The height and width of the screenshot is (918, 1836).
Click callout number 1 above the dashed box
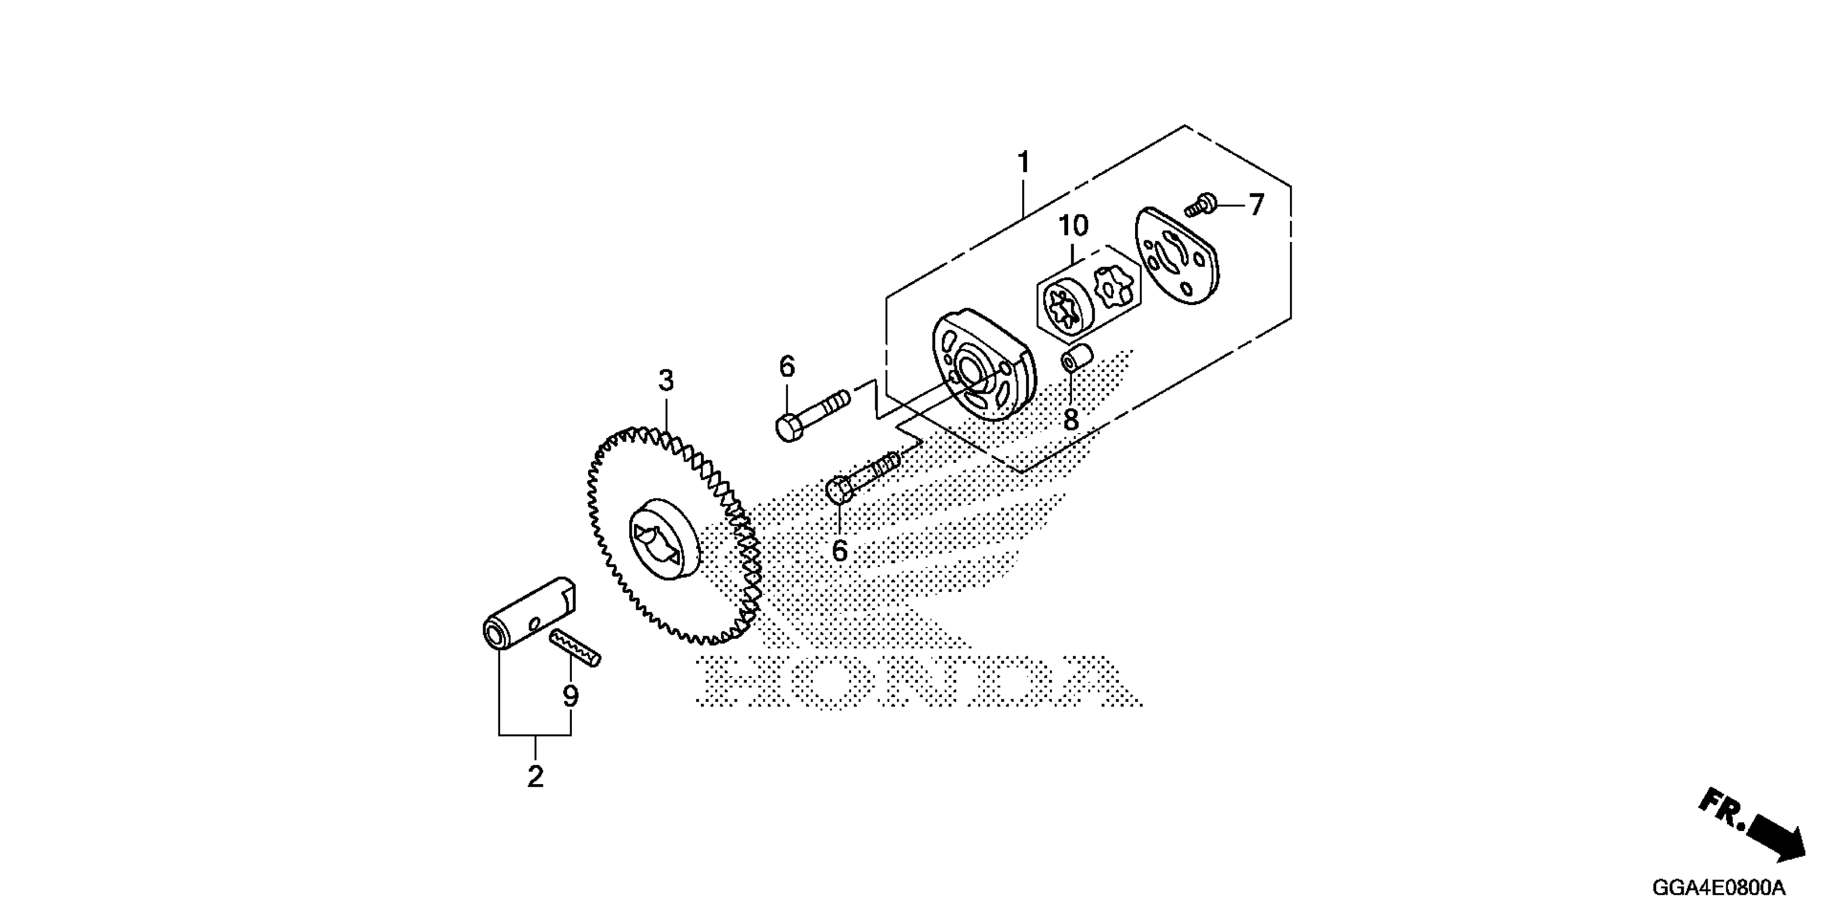pyautogui.click(x=1023, y=163)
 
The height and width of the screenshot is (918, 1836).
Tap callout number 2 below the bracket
pyautogui.click(x=535, y=776)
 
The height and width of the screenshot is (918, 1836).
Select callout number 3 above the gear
pyautogui.click(x=666, y=381)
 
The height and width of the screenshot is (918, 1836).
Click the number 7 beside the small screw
pyautogui.click(x=1256, y=205)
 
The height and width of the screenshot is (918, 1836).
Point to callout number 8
pyautogui.click(x=1070, y=420)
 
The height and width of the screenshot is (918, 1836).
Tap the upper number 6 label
pyautogui.click(x=787, y=367)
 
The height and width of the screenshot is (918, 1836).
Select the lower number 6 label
pyautogui.click(x=840, y=551)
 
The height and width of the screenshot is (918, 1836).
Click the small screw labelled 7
pyautogui.click(x=1200, y=206)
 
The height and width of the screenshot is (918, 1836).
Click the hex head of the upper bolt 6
pyautogui.click(x=789, y=427)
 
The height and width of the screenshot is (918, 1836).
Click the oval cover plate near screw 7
pyautogui.click(x=1176, y=257)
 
